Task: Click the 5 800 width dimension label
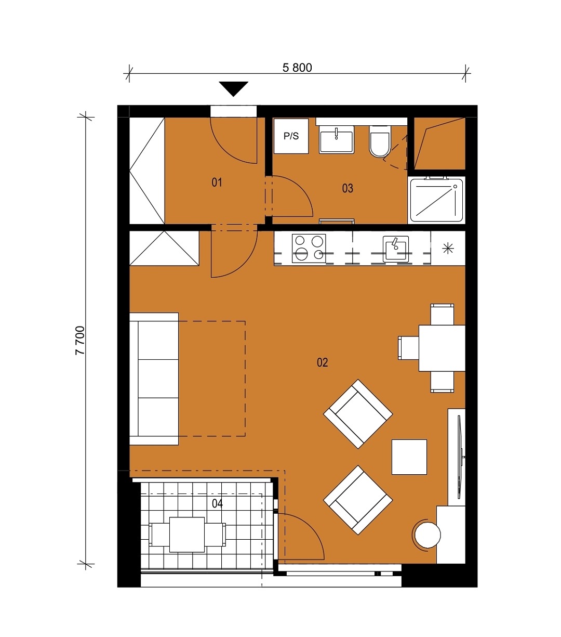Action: [297, 68]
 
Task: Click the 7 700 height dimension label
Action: [81, 341]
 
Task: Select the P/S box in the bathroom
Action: [291, 136]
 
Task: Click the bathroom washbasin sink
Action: [337, 139]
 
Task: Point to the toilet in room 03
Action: [380, 141]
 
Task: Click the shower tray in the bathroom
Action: [436, 200]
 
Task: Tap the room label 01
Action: [217, 183]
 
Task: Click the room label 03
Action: [348, 188]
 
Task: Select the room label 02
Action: [322, 362]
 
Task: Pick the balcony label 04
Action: [217, 503]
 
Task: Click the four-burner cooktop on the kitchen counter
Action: [309, 249]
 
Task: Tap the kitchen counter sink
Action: [396, 249]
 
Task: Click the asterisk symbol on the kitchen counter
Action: [448, 249]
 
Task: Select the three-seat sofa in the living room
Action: [154, 379]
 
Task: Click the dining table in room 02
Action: [442, 348]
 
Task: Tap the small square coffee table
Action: [409, 457]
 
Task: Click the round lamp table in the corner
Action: [428, 535]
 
